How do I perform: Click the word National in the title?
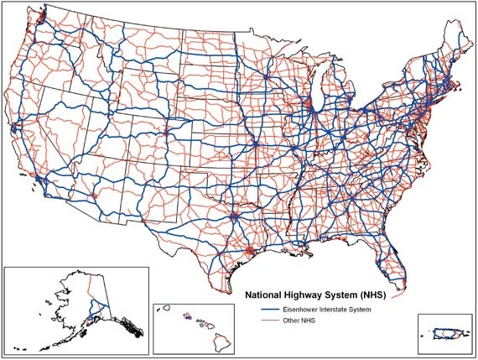coord(262,295)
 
